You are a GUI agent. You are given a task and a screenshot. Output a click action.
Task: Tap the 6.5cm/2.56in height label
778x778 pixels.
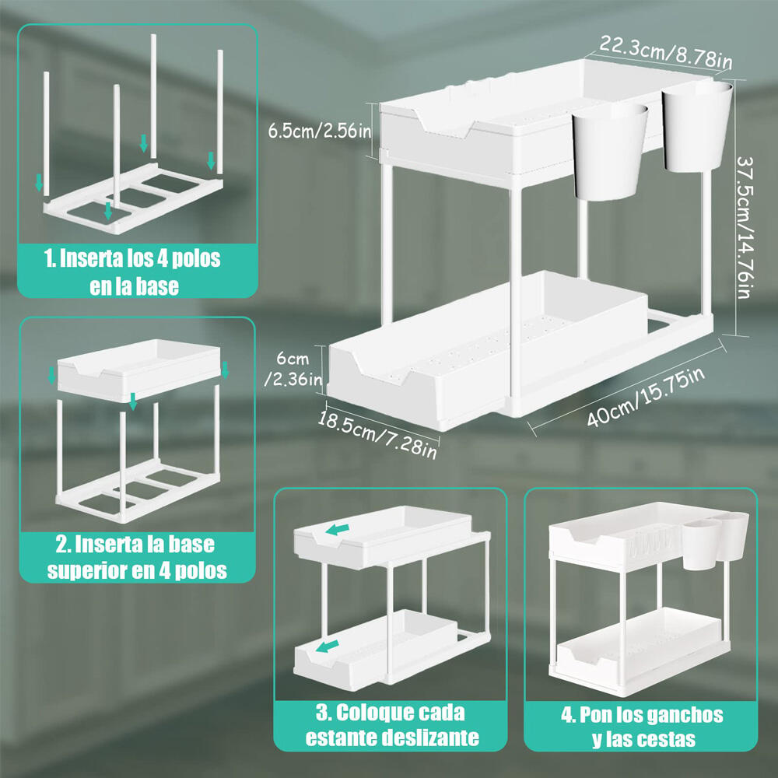pos(319,129)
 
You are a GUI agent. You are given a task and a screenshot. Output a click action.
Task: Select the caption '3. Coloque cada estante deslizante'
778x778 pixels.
pos(391,724)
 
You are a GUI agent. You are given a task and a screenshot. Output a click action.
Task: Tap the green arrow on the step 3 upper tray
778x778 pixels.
pos(337,530)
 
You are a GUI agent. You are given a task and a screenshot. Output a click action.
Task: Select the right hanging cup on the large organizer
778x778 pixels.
pos(697,126)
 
